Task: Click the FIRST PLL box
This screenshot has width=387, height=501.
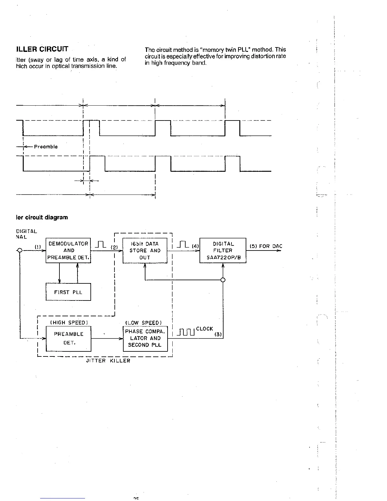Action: (x=68, y=292)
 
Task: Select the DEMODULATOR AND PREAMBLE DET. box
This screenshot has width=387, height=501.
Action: (x=68, y=250)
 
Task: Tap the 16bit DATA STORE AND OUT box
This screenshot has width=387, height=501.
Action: (x=145, y=250)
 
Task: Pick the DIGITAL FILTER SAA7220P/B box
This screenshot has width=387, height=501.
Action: (x=223, y=250)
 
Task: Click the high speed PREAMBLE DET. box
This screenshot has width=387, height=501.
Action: (x=69, y=338)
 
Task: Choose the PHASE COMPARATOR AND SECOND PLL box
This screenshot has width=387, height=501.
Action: (x=145, y=338)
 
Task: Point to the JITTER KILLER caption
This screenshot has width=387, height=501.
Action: (x=108, y=361)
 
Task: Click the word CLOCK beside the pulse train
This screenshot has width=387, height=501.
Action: (x=205, y=329)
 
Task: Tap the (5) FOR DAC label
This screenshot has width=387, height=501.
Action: (x=266, y=246)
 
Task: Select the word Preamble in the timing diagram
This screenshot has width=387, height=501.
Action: (x=46, y=147)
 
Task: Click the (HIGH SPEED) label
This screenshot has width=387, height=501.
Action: (x=69, y=323)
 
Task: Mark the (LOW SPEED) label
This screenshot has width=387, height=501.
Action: (x=144, y=323)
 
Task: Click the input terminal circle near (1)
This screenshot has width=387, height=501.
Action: (x=20, y=250)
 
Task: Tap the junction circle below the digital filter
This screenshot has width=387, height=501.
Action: (x=223, y=280)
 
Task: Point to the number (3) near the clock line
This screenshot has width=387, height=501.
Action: (x=218, y=334)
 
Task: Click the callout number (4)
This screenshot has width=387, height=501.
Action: (x=195, y=246)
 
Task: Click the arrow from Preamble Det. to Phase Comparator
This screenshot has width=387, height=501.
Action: (x=107, y=338)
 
